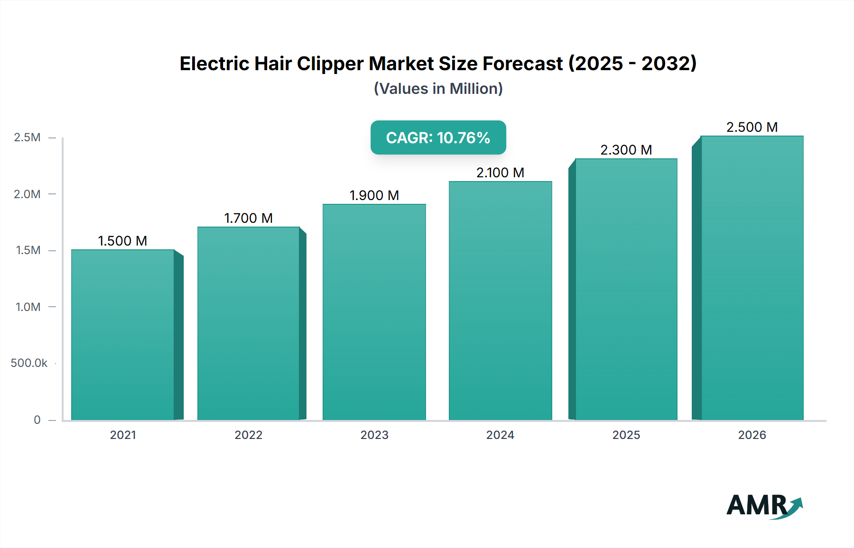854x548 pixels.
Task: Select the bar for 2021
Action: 123,335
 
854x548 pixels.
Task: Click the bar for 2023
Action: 374,312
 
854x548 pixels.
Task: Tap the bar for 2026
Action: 752,278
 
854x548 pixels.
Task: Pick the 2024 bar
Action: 500,301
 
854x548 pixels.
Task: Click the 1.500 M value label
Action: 122,241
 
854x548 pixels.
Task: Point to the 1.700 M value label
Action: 248,218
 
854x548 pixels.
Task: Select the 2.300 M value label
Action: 626,150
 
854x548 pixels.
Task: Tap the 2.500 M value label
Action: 752,127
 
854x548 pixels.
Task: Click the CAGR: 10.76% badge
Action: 438,137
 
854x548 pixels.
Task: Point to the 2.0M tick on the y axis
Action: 27,194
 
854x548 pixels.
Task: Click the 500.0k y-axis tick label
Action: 29,363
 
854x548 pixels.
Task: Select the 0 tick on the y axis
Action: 37,420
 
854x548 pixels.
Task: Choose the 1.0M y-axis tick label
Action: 28,307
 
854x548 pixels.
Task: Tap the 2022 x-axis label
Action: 248,435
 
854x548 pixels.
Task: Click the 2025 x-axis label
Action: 626,435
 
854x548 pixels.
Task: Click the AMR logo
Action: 764,506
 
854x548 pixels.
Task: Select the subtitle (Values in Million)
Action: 438,89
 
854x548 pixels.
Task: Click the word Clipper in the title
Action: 330,64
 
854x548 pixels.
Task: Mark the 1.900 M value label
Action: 374,195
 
